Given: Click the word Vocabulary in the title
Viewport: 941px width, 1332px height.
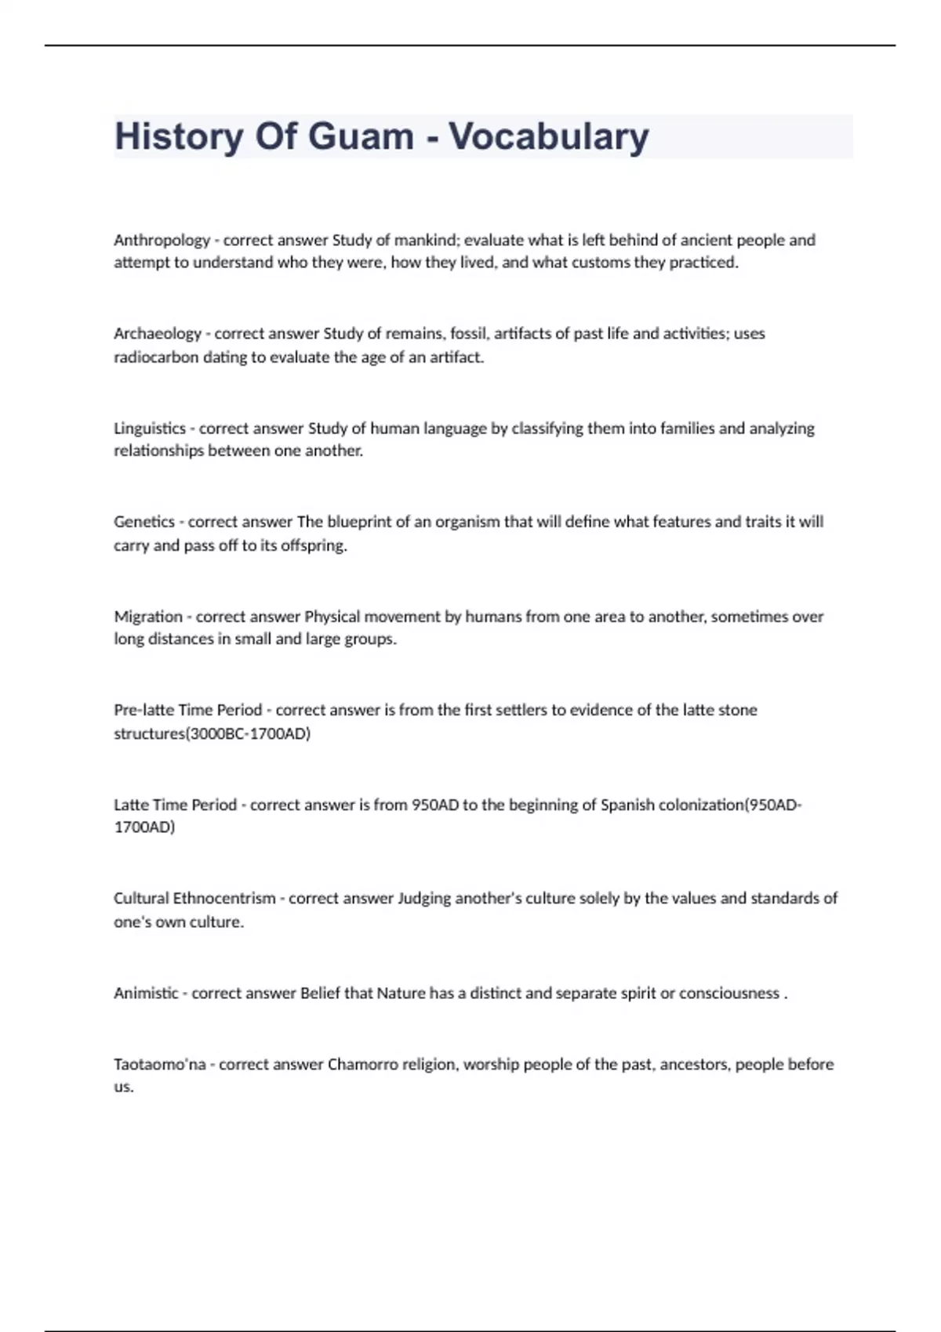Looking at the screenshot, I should [x=548, y=136].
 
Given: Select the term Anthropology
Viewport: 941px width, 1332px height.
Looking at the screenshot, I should [x=162, y=241].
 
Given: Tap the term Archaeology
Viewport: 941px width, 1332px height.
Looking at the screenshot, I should [x=158, y=334].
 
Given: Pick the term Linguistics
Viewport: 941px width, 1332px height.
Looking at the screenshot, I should [x=150, y=429].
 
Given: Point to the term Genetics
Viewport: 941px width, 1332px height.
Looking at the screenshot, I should [x=144, y=522].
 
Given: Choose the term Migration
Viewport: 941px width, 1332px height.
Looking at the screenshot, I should [x=148, y=617].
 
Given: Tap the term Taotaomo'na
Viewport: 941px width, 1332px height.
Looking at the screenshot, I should [x=160, y=1064].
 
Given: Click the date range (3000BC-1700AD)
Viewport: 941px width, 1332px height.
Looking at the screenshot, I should [x=248, y=734].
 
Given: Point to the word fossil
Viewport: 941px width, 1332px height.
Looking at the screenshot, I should [x=469, y=334].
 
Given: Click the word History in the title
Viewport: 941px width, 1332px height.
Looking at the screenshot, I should [x=179, y=136].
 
